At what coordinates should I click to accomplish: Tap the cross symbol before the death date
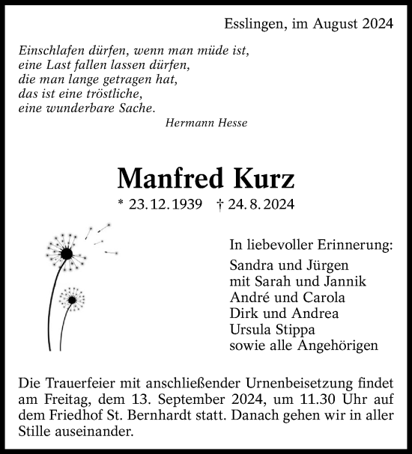(219, 203)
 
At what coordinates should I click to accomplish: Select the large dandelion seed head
(67, 253)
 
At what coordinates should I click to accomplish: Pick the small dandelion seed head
(71, 299)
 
